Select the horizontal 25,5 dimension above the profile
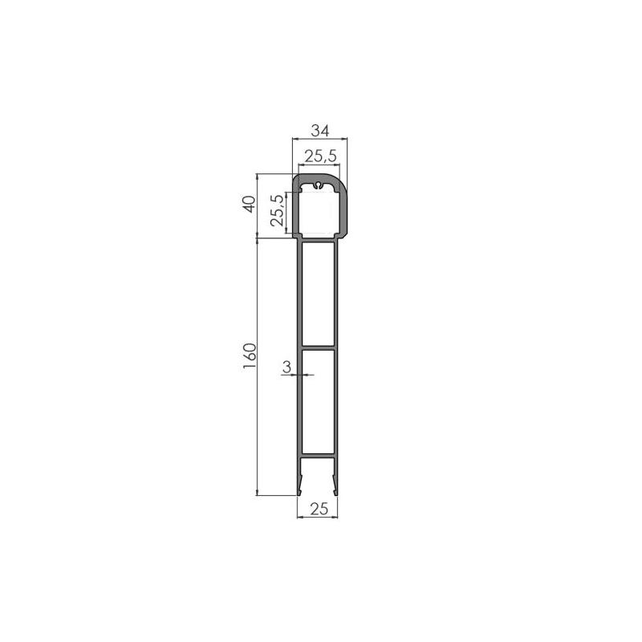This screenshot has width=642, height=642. (x=319, y=156)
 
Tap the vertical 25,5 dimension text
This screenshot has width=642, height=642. (x=277, y=210)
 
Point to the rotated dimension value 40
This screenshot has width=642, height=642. (x=249, y=205)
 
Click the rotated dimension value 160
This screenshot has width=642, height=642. (x=249, y=357)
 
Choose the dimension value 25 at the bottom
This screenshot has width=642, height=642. (x=318, y=508)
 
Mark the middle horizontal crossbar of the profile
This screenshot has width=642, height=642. (x=318, y=348)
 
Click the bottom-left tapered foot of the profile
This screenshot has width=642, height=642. (x=300, y=483)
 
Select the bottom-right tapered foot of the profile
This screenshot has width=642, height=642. (x=335, y=483)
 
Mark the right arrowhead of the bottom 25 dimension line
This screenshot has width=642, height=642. (x=335, y=517)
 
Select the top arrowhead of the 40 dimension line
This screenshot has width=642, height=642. (x=257, y=177)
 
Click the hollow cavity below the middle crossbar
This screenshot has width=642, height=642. (x=318, y=401)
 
